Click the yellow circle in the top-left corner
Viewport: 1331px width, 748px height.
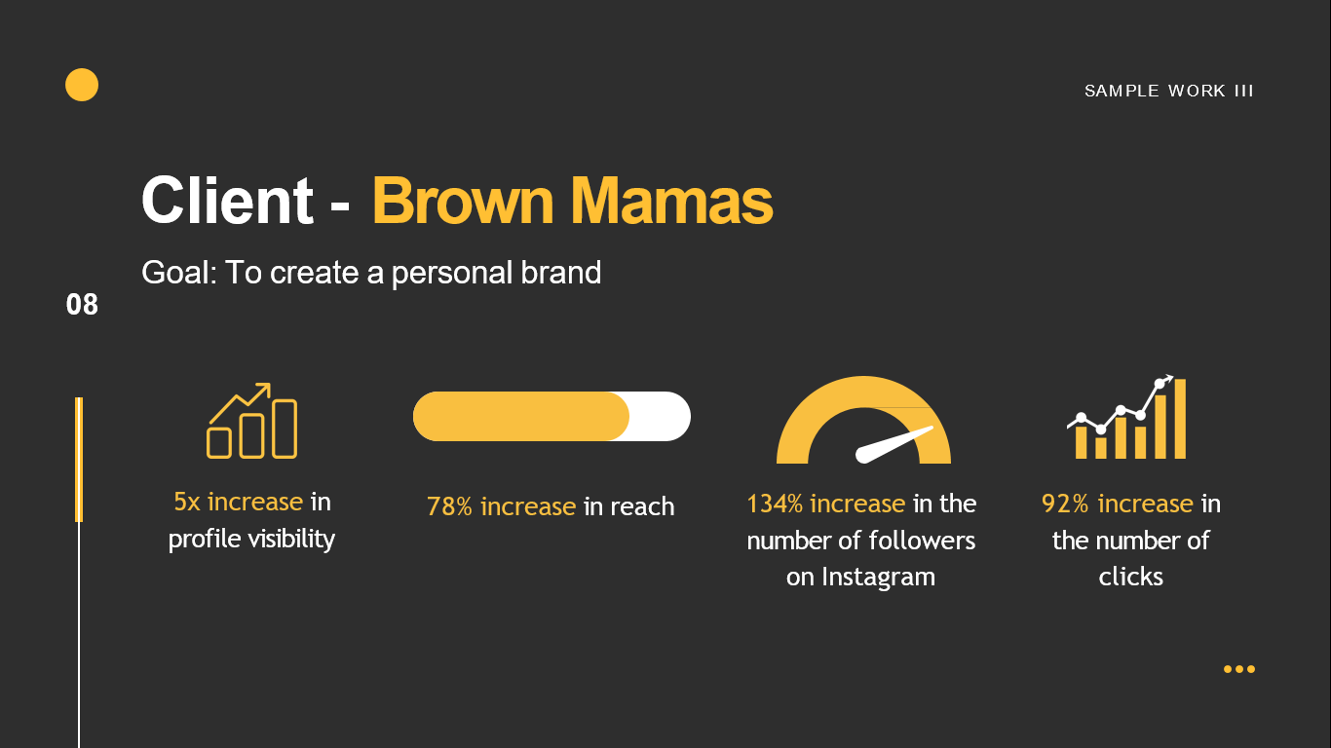pos(82,85)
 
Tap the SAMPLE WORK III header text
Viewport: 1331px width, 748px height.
pos(1169,91)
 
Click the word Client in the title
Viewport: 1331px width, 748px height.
pos(227,201)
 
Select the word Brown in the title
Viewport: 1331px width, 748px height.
pos(463,201)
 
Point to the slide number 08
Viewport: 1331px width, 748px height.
pos(82,305)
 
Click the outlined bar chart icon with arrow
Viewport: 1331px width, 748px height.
pos(252,421)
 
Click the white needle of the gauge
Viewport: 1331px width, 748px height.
pos(894,444)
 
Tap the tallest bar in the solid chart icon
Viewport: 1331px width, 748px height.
pos(1180,419)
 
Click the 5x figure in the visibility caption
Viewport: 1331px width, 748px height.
pos(187,502)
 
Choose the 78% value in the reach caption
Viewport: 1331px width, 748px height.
pos(449,506)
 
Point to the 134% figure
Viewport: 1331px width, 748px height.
pos(775,504)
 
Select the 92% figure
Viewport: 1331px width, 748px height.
pos(1065,504)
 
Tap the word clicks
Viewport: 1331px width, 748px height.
pos(1130,577)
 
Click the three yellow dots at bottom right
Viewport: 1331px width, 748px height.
pos(1238,669)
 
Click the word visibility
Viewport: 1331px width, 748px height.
pos(291,539)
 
